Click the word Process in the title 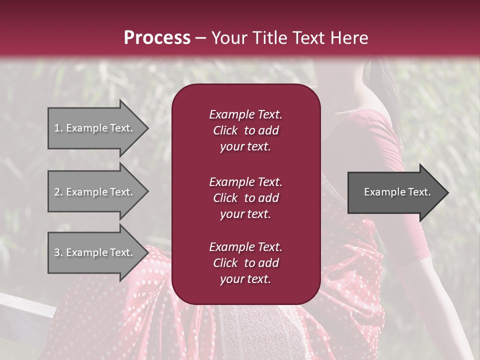(157, 38)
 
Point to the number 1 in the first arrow (57, 128)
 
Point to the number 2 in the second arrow (57, 192)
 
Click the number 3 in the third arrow (57, 252)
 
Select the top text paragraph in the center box (245, 130)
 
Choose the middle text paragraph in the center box (245, 198)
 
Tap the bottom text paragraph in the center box (245, 263)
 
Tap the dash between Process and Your (200, 38)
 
